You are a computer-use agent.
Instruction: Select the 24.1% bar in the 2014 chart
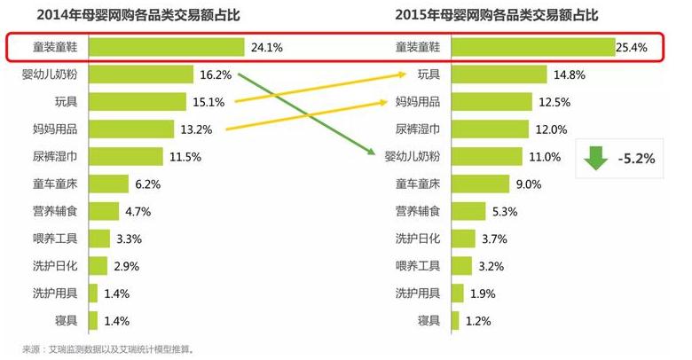pyautogui.click(x=167, y=48)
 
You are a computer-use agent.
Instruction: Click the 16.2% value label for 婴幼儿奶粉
pyautogui.click(x=216, y=75)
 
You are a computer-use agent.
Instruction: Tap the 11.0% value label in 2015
pyautogui.click(x=546, y=157)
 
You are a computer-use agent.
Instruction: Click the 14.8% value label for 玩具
pyautogui.click(x=566, y=75)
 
